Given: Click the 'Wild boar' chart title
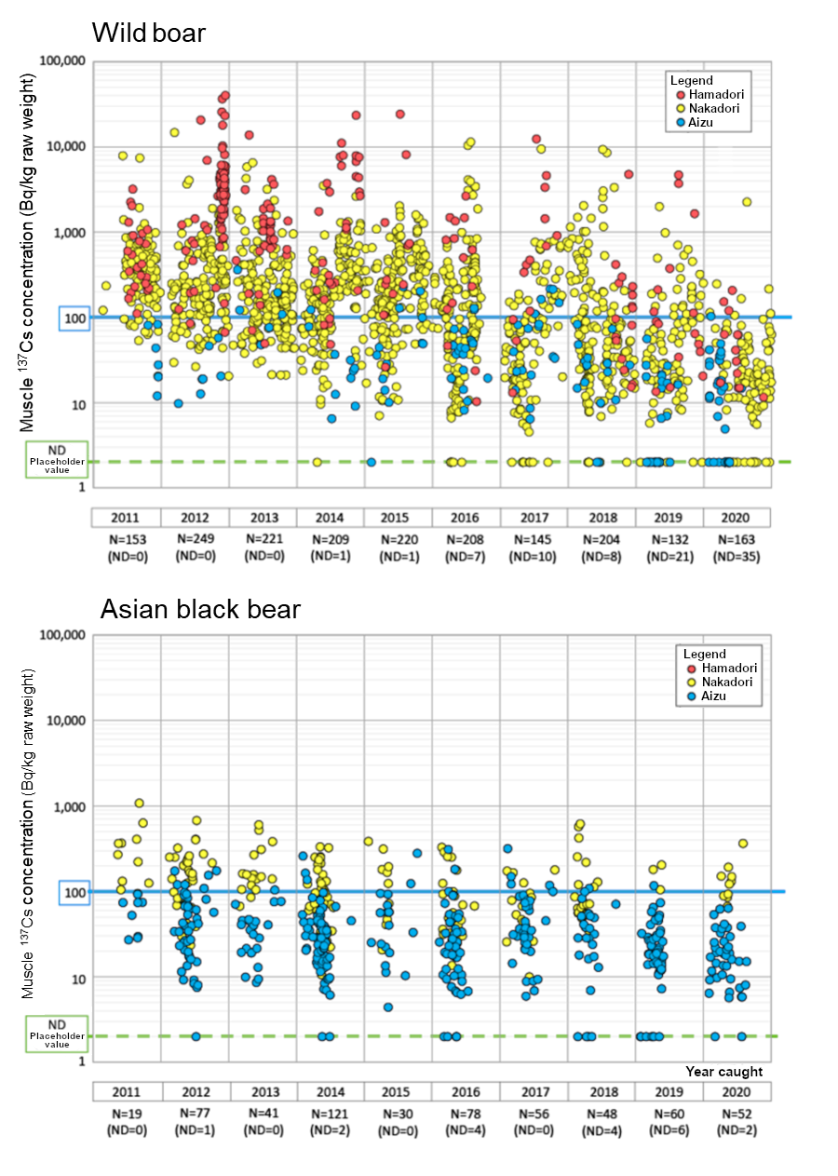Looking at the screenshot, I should point(149,33).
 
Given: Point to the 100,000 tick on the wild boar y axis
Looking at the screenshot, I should point(63,61).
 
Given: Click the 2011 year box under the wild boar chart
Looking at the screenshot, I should point(126,518).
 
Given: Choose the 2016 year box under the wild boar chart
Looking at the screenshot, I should point(466,518).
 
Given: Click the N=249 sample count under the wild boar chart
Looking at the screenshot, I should point(195,540).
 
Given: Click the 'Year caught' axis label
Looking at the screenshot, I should point(723,1072).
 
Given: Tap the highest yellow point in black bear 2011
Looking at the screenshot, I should point(139,803).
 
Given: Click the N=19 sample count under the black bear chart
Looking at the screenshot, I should point(126,1114).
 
